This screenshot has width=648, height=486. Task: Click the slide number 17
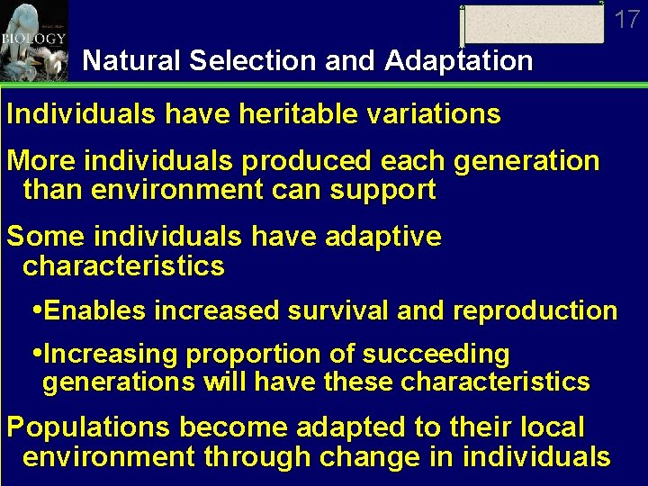pyautogui.click(x=627, y=19)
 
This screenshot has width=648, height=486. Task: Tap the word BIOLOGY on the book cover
pyautogui.click(x=33, y=39)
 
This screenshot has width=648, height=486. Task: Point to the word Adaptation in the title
pyautogui.click(x=458, y=61)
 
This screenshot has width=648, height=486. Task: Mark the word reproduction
pyautogui.click(x=535, y=310)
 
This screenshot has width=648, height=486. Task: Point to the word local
pyautogui.click(x=551, y=427)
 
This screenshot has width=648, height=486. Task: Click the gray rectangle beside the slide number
pyautogui.click(x=533, y=23)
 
